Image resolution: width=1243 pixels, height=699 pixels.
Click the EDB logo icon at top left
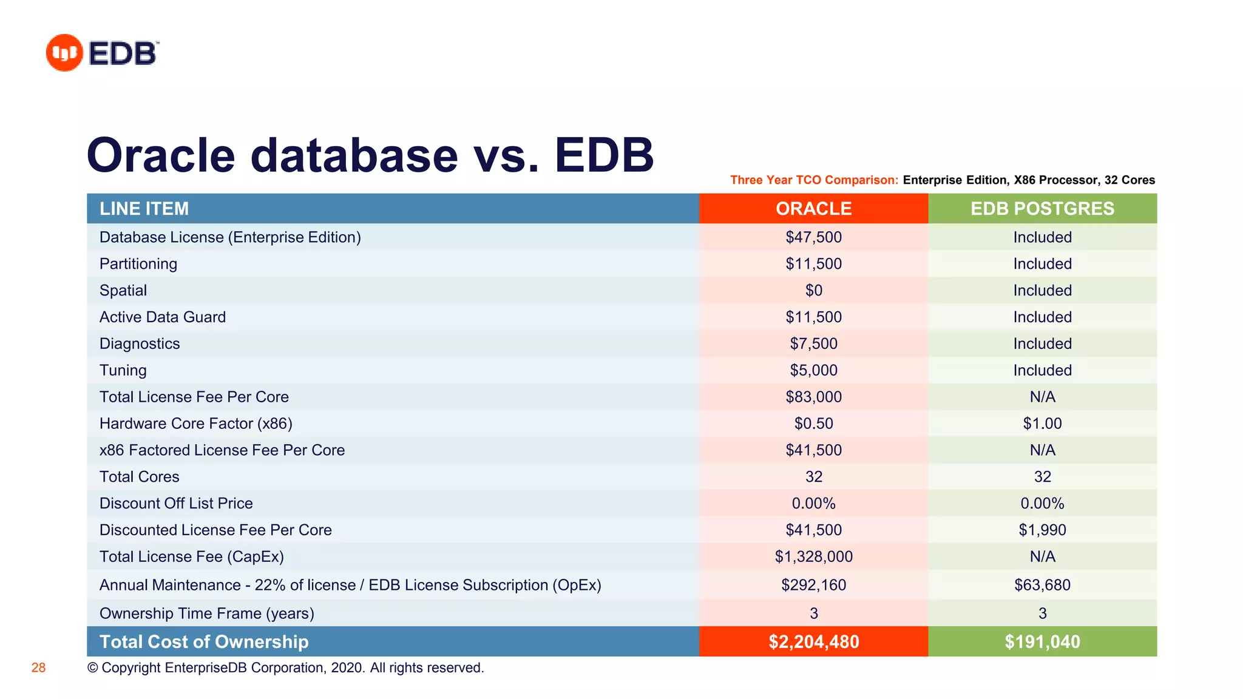[x=64, y=53]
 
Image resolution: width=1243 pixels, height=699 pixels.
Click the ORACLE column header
[x=813, y=209]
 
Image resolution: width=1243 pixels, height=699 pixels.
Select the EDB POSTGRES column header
[x=1042, y=209]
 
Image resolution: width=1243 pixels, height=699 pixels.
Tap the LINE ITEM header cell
[x=144, y=209]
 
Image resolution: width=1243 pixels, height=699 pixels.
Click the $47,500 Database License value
[x=813, y=237]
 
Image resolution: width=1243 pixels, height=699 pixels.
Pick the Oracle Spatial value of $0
[x=813, y=291]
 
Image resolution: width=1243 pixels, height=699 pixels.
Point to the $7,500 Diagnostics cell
[x=813, y=344]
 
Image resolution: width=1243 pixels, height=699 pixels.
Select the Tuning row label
[x=123, y=371]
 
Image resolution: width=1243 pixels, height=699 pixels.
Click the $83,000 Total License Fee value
[x=813, y=397]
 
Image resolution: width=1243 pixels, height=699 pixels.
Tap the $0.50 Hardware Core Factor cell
[x=813, y=424]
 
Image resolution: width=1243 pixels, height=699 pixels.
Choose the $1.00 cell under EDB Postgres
[x=1042, y=424]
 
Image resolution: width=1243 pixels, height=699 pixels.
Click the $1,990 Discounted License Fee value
[x=1042, y=530]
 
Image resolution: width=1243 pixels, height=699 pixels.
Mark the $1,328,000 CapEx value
[x=813, y=557]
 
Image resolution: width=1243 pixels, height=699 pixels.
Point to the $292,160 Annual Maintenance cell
[x=813, y=586]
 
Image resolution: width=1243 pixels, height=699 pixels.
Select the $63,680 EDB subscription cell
[x=1042, y=586]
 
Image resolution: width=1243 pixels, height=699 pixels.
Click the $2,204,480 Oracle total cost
[x=813, y=642]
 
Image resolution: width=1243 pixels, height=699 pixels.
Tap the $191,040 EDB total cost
[x=1042, y=642]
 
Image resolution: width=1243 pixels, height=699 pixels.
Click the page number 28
[x=38, y=668]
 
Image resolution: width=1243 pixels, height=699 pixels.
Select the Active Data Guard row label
[x=163, y=317]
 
